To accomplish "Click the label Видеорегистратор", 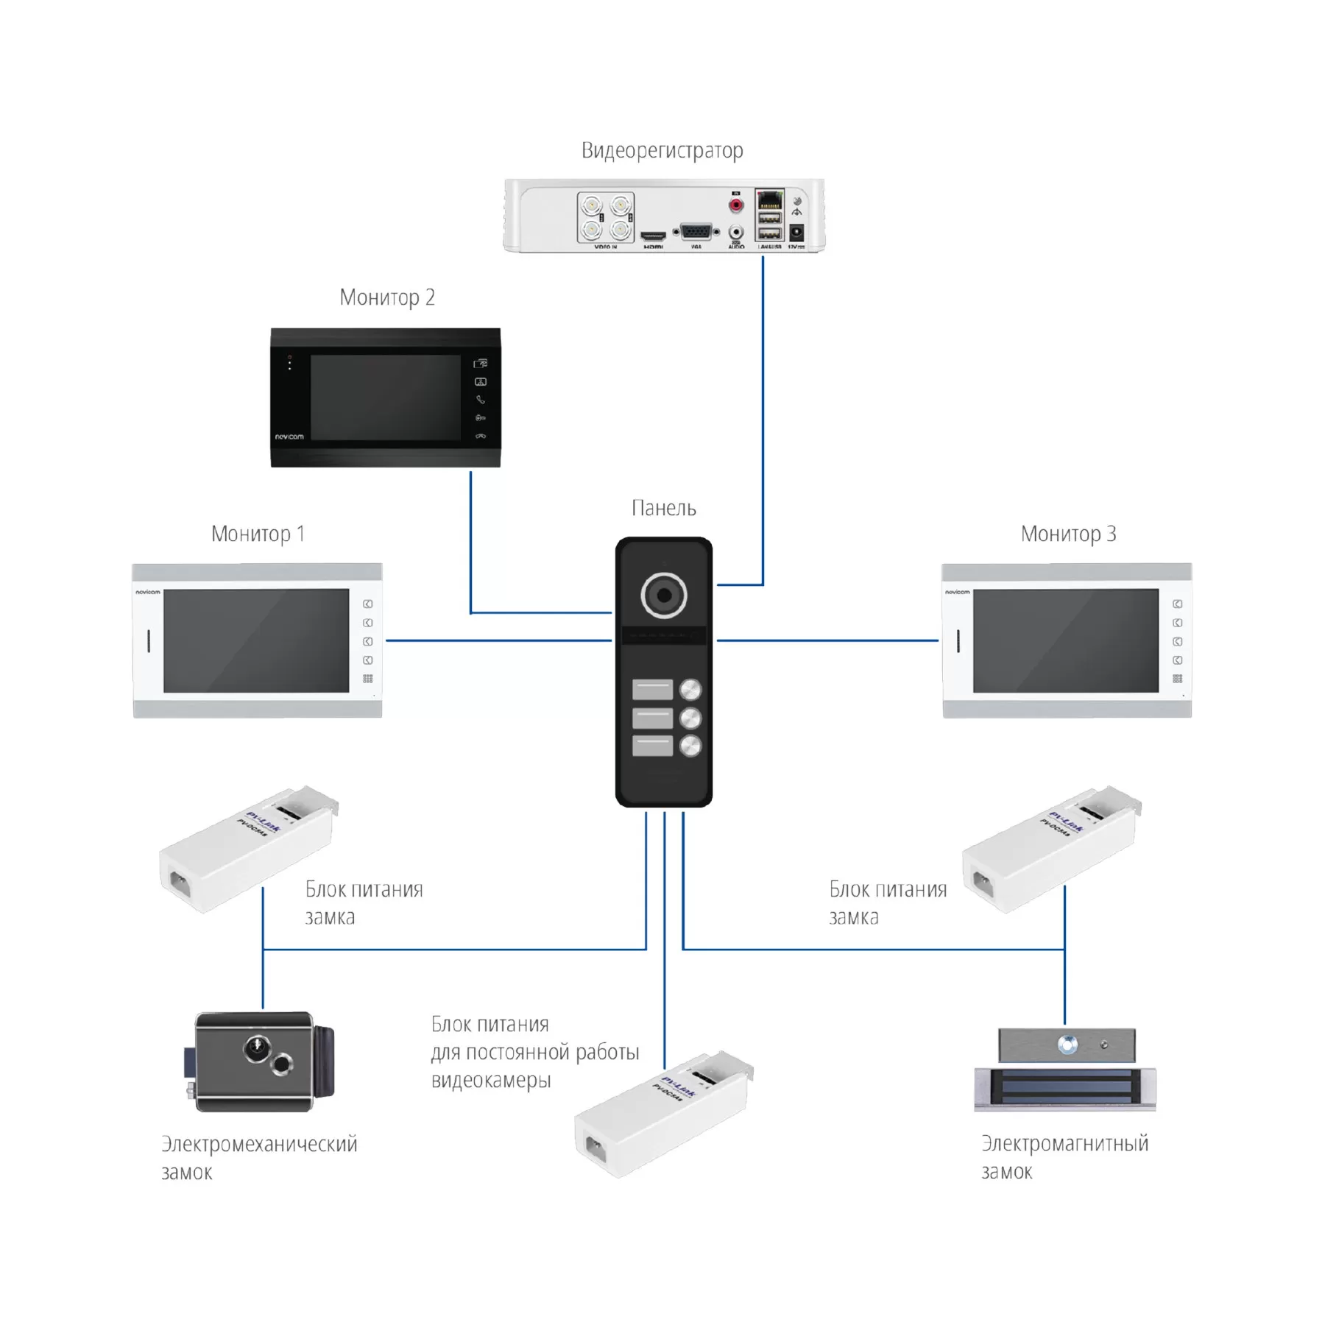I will (x=662, y=150).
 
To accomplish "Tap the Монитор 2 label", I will (x=387, y=297).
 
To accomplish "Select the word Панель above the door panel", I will (x=663, y=508).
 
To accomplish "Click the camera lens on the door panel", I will (x=664, y=595).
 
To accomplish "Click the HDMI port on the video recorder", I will (x=653, y=237).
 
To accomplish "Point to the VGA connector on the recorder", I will (x=696, y=232).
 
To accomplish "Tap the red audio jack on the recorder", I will (x=735, y=205).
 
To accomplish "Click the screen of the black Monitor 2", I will (x=386, y=397).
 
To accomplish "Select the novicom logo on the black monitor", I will (x=289, y=437).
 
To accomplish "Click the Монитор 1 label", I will (x=258, y=534).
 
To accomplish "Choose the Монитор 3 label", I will (x=1068, y=534).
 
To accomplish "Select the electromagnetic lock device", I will (x=1065, y=1071).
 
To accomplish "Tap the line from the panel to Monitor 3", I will (x=827, y=640).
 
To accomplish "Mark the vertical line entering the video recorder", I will (x=763, y=420).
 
